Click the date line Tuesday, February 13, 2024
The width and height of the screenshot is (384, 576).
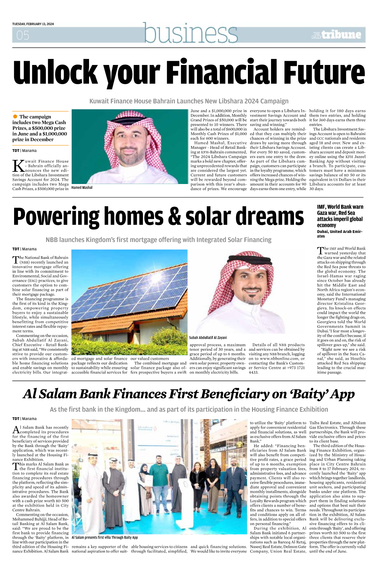coord(33,24)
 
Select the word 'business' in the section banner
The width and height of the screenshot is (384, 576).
coord(191,33)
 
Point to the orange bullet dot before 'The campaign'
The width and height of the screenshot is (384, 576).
coord(15,116)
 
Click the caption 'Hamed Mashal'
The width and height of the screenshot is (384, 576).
coord(82,188)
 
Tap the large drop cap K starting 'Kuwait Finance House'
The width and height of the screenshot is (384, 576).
coord(18,166)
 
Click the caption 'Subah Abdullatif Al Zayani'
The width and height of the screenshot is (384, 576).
coord(208,338)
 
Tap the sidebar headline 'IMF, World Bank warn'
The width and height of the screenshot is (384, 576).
coord(340,207)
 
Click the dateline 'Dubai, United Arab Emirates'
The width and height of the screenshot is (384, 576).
coord(339,234)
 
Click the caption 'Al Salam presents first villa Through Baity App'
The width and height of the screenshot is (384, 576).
coord(105,537)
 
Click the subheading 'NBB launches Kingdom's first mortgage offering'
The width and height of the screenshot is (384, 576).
coord(158,240)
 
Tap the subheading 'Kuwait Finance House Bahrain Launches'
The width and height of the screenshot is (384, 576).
coord(189,101)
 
